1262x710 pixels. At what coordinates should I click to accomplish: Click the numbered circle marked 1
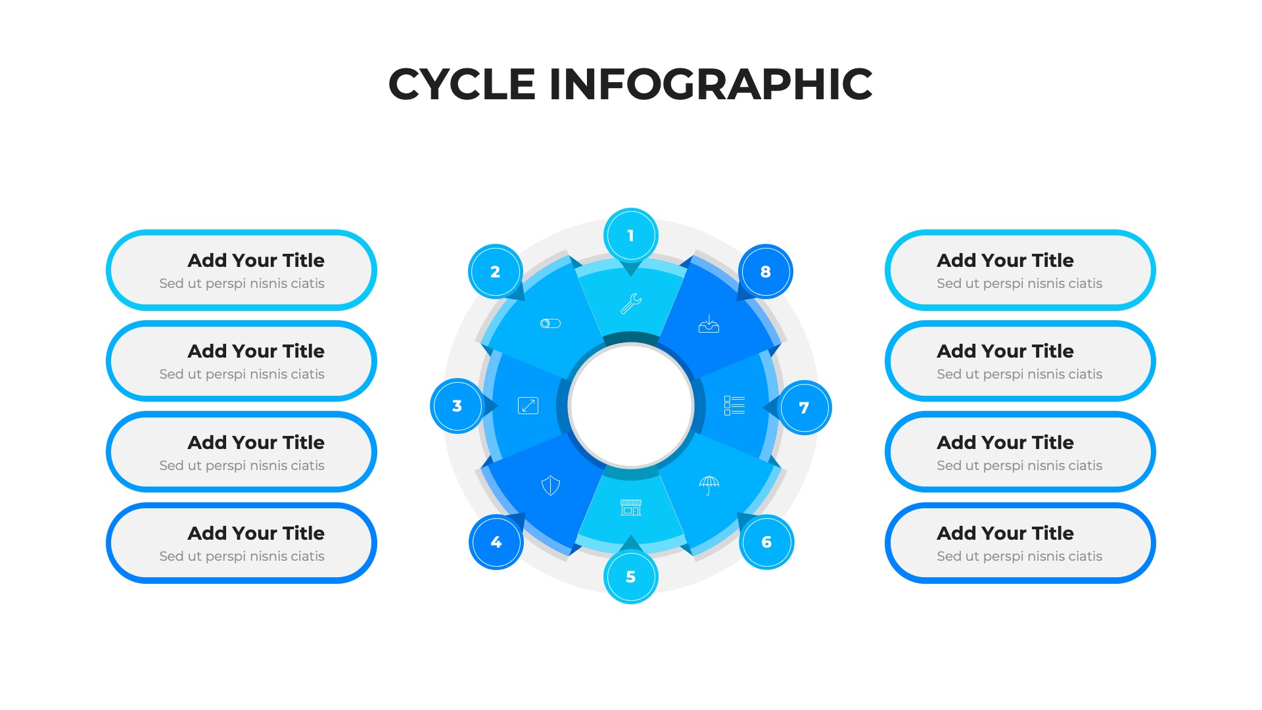[631, 235]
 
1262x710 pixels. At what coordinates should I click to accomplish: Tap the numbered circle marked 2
[496, 272]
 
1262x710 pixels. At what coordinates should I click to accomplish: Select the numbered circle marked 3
[457, 406]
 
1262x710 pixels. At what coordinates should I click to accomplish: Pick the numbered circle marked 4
[496, 542]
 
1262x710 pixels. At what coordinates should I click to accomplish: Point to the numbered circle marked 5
[631, 577]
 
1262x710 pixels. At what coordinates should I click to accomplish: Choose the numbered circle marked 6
[766, 542]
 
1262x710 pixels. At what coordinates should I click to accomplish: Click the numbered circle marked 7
[804, 408]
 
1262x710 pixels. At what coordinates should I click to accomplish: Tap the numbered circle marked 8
[766, 272]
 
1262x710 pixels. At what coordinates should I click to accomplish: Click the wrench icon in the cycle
[631, 303]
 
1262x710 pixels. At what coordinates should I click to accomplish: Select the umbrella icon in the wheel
[709, 485]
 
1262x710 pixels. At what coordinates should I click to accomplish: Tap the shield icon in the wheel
[551, 486]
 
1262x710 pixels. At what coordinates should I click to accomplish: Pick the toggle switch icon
[550, 323]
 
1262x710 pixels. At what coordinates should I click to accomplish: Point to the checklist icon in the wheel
[734, 406]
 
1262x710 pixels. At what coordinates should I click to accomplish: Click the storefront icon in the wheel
[631, 508]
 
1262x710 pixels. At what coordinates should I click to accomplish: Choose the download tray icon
[709, 323]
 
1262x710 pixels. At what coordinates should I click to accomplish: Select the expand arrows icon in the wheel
[528, 406]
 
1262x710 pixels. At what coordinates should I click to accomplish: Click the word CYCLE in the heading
[462, 84]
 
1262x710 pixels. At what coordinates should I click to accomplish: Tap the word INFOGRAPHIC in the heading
[711, 84]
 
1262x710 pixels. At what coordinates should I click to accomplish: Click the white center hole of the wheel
[631, 406]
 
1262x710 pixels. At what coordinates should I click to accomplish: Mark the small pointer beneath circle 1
[631, 268]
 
